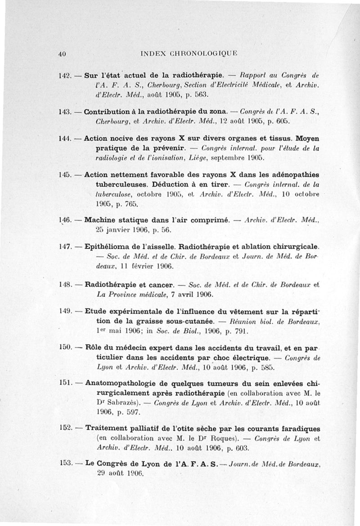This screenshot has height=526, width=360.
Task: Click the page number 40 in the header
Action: (x=63, y=54)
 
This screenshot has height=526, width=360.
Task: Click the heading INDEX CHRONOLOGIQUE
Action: (x=189, y=54)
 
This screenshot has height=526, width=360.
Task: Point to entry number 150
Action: (x=66, y=348)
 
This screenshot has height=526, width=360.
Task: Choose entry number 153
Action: (x=66, y=463)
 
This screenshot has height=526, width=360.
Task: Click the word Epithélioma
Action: (x=109, y=247)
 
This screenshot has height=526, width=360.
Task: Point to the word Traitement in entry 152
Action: (x=108, y=427)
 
